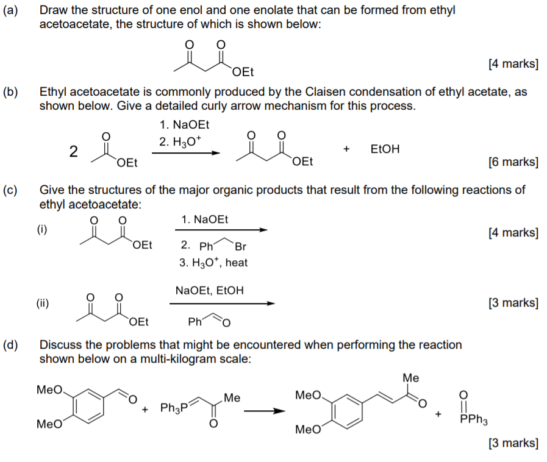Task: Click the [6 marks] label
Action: pos(513,162)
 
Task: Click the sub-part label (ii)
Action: pos(42,302)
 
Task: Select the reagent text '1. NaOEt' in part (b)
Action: pos(184,125)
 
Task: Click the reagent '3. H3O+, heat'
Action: pos(213,263)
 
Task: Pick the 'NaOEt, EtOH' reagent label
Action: pos(209,290)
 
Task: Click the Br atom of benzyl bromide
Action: pos(240,247)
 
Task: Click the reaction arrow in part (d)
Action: pos(264,410)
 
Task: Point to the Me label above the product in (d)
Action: pos(410,378)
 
